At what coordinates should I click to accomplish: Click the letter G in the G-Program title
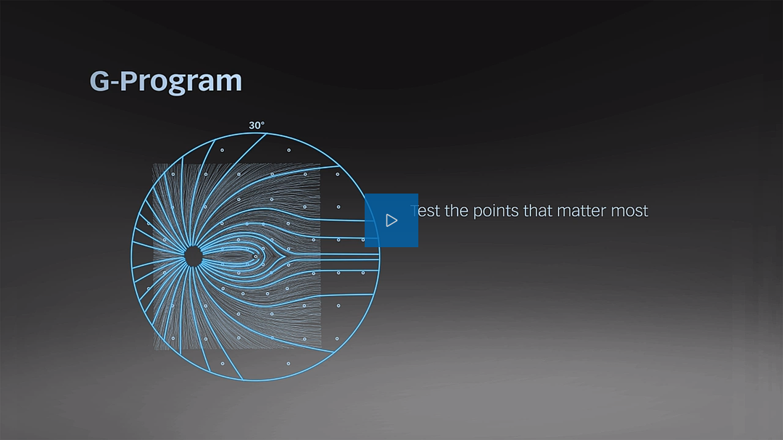(99, 81)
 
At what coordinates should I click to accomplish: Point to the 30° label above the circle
(257, 125)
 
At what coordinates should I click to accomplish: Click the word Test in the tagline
(425, 211)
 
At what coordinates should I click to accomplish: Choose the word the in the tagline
(457, 210)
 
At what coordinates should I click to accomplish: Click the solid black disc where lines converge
(194, 257)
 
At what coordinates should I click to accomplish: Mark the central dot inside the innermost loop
(256, 257)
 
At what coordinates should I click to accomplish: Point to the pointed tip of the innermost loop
(285, 257)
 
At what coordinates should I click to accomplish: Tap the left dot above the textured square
(223, 150)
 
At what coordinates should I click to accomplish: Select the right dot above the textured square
(289, 150)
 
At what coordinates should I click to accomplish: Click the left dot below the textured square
(223, 364)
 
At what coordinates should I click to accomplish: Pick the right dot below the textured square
(288, 364)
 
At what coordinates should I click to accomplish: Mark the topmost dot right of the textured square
(338, 174)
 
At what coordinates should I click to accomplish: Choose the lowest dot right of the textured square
(337, 339)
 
